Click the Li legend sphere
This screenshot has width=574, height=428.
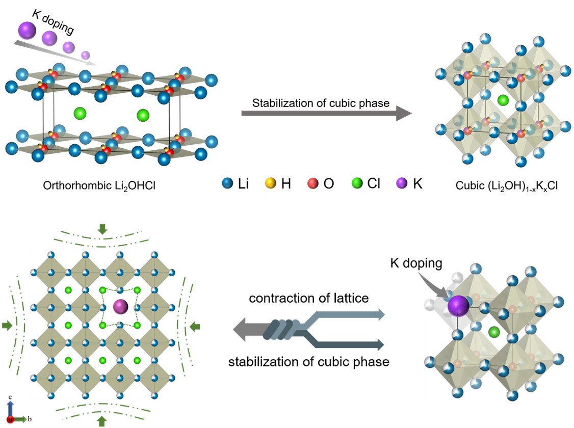coord(227,183)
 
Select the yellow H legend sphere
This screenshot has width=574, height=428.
coord(271,183)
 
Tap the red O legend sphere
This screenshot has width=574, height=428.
coord(312,183)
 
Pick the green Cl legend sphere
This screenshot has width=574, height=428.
coord(357,183)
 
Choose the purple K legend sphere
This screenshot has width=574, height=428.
coord(402,183)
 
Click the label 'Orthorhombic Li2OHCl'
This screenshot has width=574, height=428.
coord(99,186)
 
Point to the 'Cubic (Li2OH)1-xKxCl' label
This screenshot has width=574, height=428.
coord(507,186)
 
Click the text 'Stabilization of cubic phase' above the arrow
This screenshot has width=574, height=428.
coord(321,103)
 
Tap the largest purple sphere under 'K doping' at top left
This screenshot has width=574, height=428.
coord(27,31)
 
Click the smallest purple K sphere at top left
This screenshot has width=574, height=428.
coord(85,55)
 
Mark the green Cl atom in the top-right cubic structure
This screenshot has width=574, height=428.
coord(503,100)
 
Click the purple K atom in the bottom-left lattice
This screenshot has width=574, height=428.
coord(120,307)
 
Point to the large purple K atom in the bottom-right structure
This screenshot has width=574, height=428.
coord(458,306)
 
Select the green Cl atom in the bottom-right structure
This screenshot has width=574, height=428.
coord(494,332)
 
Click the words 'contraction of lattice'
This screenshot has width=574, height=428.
coord(308,298)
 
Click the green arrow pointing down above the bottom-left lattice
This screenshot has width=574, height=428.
coord(102,229)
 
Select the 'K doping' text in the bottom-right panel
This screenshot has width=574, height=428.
coord(416,263)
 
